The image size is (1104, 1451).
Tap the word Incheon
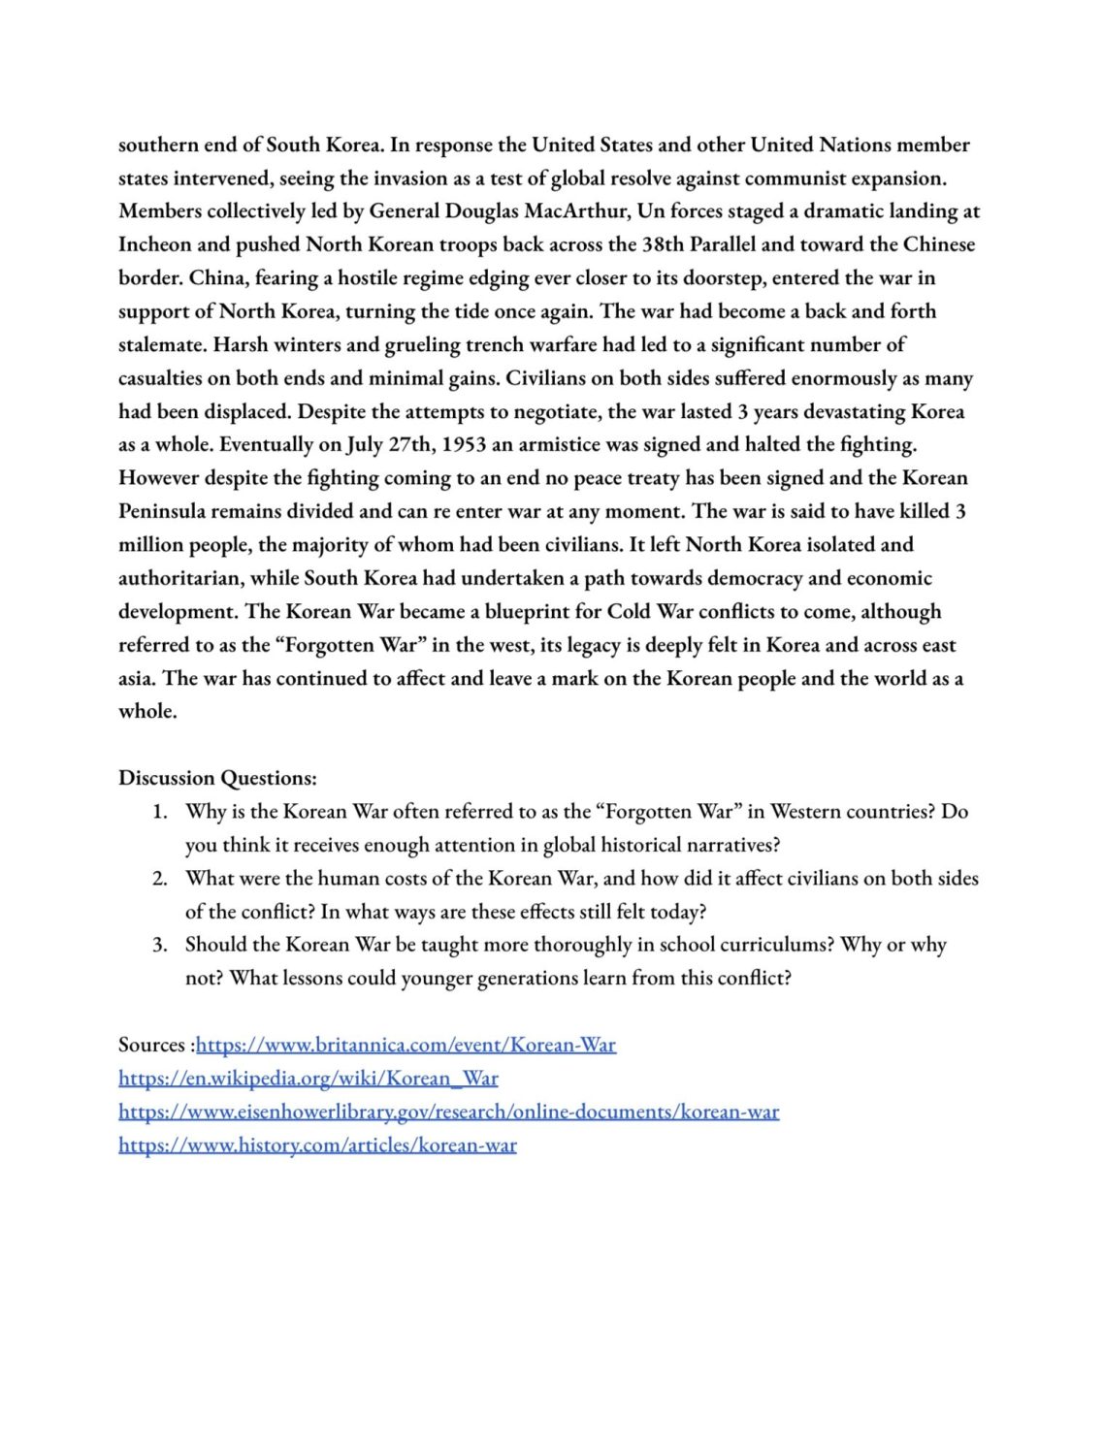point(154,244)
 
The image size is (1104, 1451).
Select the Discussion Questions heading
point(217,778)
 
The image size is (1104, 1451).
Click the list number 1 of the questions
point(160,812)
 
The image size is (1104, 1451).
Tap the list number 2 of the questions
point(160,879)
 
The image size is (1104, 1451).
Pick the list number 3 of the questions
point(160,946)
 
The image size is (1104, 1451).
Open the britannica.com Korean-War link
point(406,1046)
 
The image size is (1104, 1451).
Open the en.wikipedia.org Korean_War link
point(308,1079)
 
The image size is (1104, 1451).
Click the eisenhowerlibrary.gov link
point(448,1112)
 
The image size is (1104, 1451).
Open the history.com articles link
point(317,1145)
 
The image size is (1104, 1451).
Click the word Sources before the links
point(151,1046)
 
